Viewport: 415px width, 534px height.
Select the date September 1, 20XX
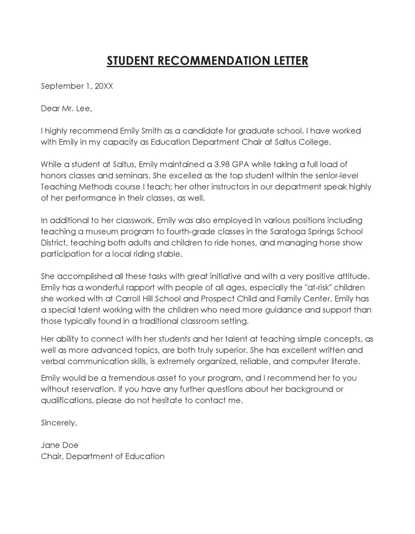tap(77, 86)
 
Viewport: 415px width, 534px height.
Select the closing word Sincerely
tap(59, 423)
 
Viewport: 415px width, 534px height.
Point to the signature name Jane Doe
tap(60, 445)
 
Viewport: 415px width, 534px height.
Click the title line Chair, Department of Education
tap(103, 456)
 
